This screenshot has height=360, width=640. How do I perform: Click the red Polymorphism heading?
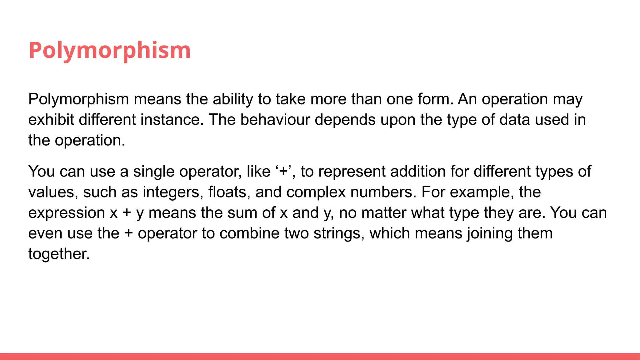pos(110,50)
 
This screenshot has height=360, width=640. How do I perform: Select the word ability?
pos(233,99)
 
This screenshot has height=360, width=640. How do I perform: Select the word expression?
pos(67,213)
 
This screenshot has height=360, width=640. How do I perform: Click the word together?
pos(59,254)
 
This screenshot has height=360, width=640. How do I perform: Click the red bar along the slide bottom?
pos(320,356)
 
